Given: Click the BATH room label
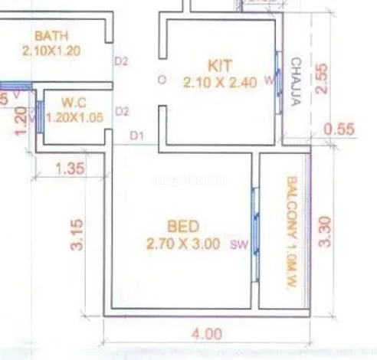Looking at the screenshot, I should coord(51,36).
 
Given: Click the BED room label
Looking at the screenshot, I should coord(184,227).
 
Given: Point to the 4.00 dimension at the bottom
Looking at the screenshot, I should coord(207,334).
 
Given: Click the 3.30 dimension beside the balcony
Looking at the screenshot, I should coord(325,231).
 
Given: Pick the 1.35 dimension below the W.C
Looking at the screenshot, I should coord(71,170).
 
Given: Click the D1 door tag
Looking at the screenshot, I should coord(137,136).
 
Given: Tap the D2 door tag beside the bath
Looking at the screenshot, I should coord(121,61).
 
